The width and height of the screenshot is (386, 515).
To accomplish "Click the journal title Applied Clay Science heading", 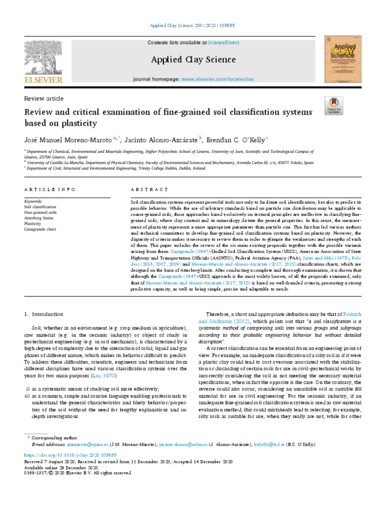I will click(194, 60).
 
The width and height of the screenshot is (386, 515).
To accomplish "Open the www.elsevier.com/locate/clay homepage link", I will click(217, 79).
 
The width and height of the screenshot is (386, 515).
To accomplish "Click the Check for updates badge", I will click(334, 105).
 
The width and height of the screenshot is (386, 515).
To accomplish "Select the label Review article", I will click(44, 99).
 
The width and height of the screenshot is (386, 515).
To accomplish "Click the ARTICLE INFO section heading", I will click(50, 190).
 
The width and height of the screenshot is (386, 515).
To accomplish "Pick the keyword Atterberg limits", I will click(38, 218).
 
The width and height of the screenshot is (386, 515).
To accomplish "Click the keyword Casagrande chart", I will click(40, 229).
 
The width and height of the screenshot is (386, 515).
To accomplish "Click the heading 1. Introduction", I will click(44, 314).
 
